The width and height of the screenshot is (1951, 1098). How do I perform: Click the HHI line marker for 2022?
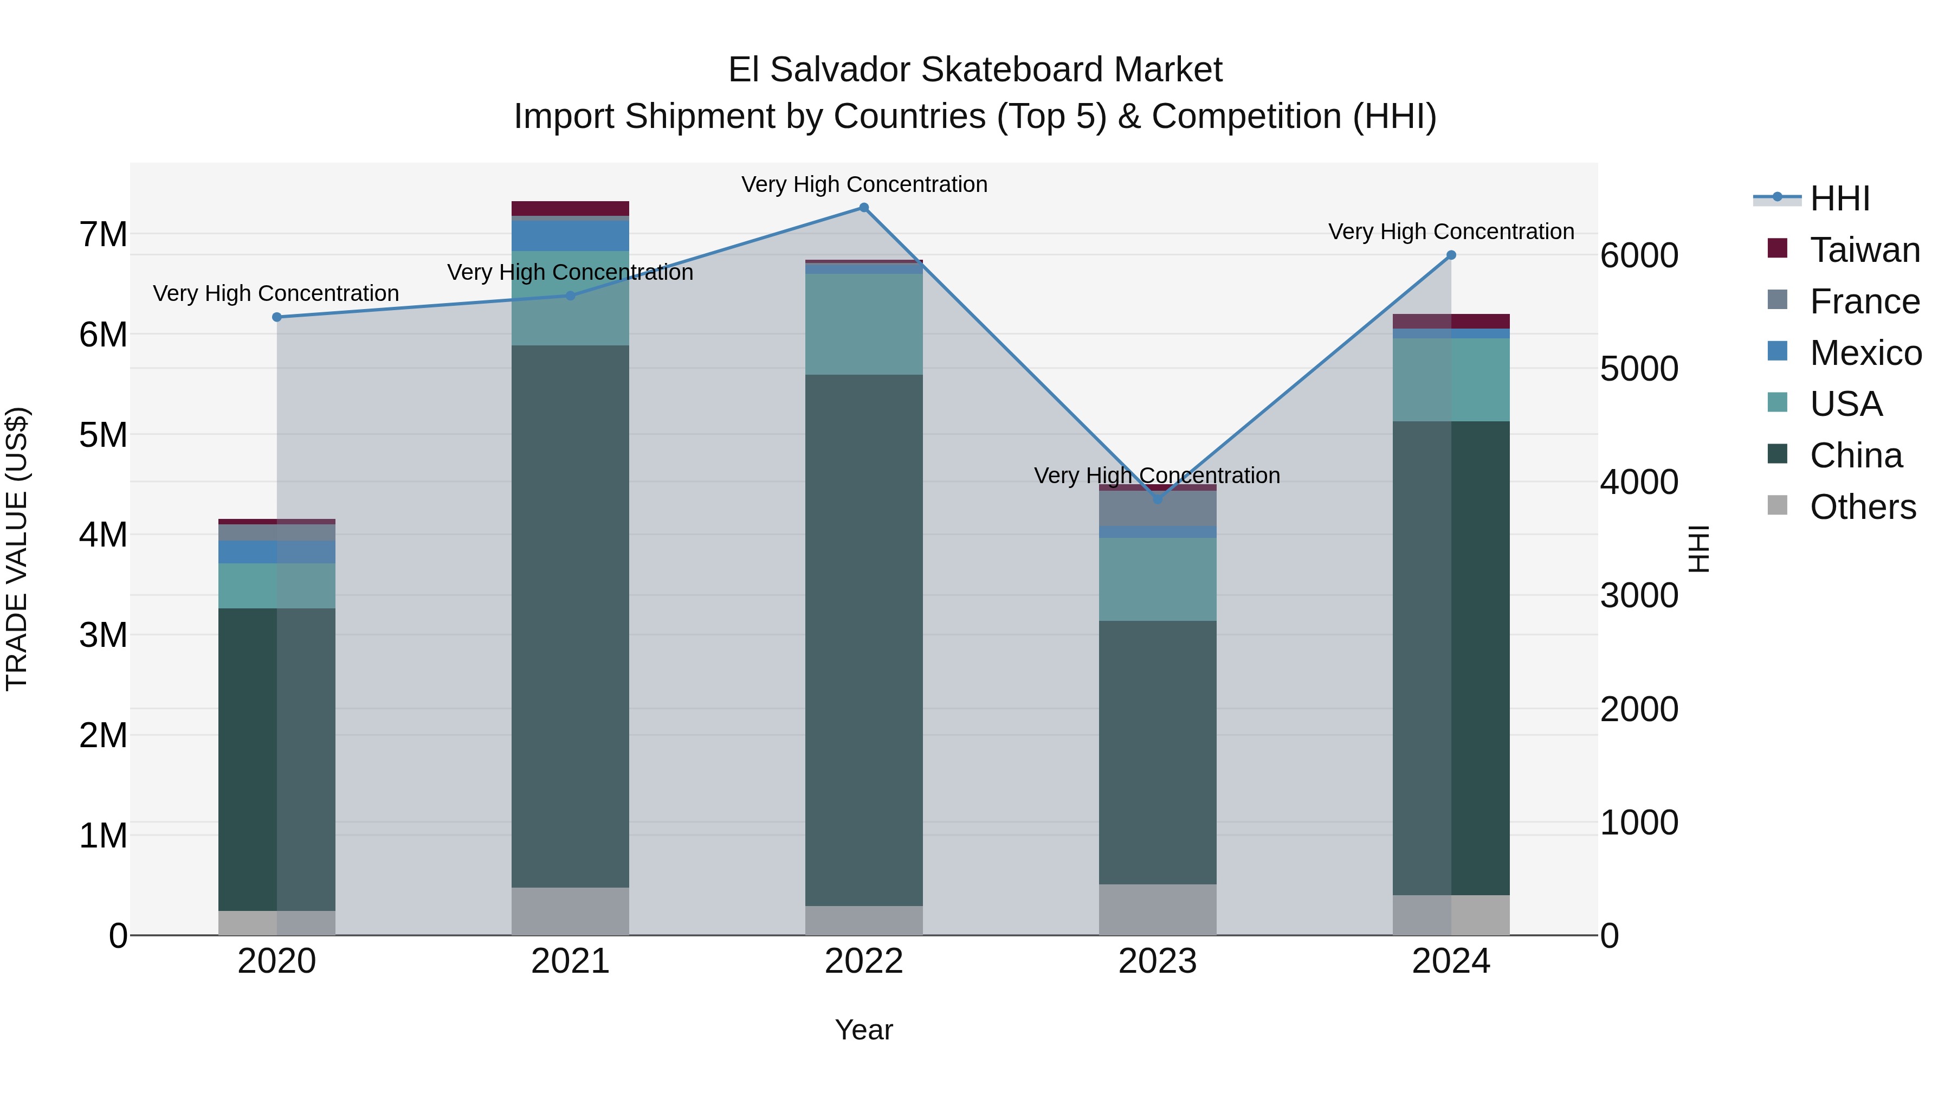coord(863,208)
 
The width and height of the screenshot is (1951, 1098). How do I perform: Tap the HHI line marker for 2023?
coord(1157,499)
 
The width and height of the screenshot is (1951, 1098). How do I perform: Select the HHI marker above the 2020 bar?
coord(276,317)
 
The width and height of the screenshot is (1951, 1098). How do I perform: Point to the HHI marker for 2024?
coord(1451,255)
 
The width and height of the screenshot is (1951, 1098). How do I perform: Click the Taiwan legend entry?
coord(1864,250)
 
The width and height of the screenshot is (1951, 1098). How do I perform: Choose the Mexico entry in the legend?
coord(1865,353)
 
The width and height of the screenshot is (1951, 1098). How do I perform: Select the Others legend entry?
coord(1862,507)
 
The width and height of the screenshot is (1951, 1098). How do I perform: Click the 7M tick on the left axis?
coord(103,234)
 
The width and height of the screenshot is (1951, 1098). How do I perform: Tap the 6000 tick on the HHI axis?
coord(1639,255)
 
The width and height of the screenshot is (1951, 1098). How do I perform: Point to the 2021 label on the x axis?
coord(570,961)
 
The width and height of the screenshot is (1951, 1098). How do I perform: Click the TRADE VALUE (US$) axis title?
coord(17,549)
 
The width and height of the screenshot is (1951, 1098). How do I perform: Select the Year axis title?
coord(863,1030)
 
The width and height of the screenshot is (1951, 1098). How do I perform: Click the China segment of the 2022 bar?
coord(863,640)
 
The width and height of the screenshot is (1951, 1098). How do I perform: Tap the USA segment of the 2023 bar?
coord(1157,579)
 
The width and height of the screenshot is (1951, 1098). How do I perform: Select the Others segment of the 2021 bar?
coord(570,911)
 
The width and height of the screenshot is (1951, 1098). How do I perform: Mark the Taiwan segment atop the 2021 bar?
coord(570,208)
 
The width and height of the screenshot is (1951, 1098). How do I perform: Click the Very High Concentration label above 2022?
coord(863,184)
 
